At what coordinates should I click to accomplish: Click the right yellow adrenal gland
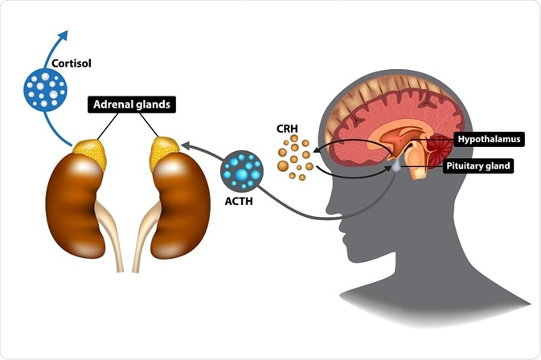coord(166,153)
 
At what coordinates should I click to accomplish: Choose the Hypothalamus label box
coord(489,139)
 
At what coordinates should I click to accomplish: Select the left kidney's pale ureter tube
coord(111,241)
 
